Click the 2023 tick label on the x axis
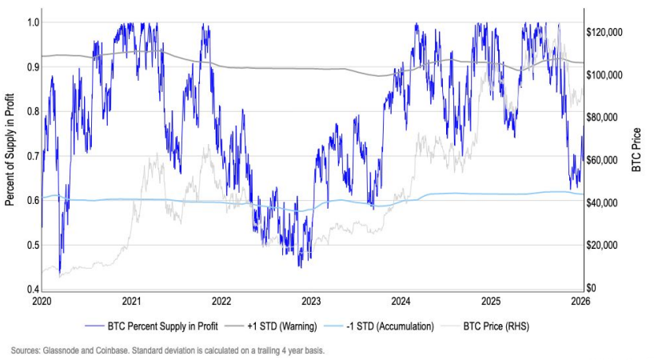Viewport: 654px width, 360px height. pyautogui.click(x=311, y=301)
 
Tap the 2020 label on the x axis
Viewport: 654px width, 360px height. pyautogui.click(x=42, y=301)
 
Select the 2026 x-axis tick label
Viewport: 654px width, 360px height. pyautogui.click(x=580, y=301)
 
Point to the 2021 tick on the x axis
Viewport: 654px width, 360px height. pyautogui.click(x=132, y=301)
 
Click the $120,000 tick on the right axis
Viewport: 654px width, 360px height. pyautogui.click(x=604, y=32)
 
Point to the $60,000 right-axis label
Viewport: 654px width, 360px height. pyautogui.click(x=602, y=160)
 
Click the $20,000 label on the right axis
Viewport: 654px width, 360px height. pyautogui.click(x=602, y=246)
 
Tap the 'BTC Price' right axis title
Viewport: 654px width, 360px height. pyautogui.click(x=637, y=150)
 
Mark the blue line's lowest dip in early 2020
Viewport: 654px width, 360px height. pyautogui.click(x=60, y=273)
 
